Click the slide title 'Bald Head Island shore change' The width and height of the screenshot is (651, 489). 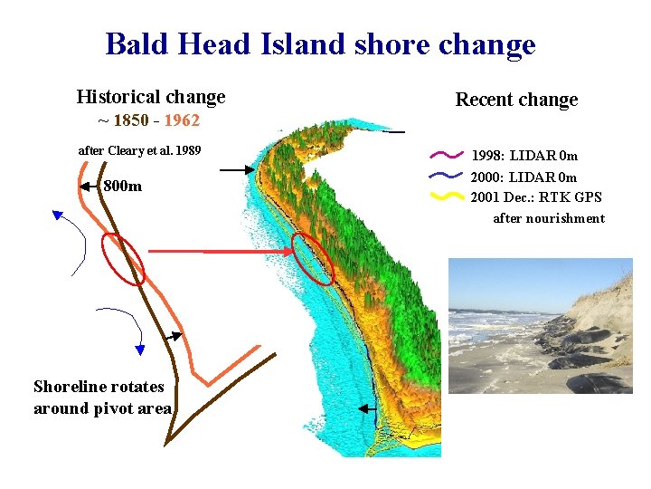(x=320, y=43)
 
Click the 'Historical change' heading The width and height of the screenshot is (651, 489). (x=151, y=96)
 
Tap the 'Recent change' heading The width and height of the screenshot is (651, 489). (x=516, y=100)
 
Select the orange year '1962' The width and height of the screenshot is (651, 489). (x=181, y=120)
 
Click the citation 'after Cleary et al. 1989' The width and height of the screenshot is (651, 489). (x=140, y=149)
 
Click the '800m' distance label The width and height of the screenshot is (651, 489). (x=122, y=187)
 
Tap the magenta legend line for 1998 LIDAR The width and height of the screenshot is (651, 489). (x=448, y=156)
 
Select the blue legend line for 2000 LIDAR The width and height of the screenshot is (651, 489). (x=448, y=176)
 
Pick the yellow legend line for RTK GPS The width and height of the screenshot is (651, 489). (x=448, y=196)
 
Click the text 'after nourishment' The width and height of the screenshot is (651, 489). (x=548, y=217)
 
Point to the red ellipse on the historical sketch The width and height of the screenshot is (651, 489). (x=123, y=258)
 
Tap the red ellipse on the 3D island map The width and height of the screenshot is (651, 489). (x=314, y=257)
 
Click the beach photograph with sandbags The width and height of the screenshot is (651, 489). (x=540, y=326)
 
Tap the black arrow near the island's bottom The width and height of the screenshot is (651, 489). (x=372, y=409)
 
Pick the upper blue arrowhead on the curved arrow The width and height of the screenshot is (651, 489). (x=57, y=216)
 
